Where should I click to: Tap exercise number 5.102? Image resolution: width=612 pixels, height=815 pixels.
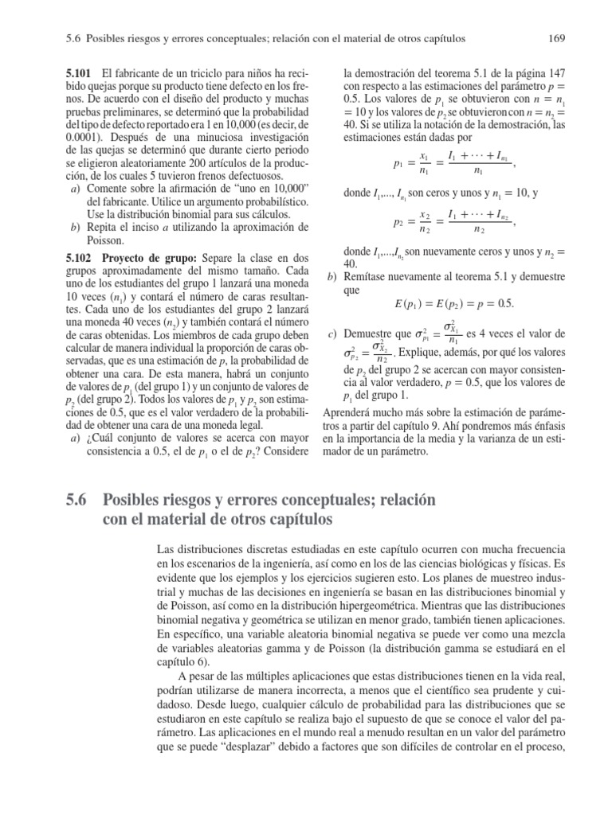point(80,259)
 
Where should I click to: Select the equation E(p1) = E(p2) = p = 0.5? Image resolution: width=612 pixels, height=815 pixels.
point(443,305)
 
